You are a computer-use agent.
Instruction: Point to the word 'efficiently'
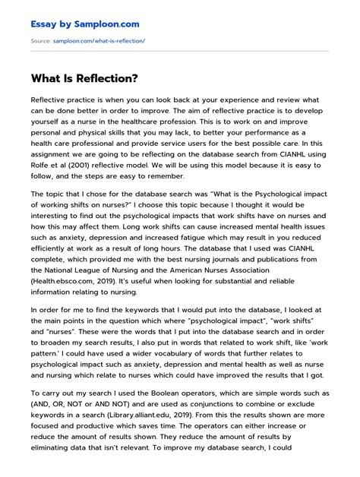coord(54,247)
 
